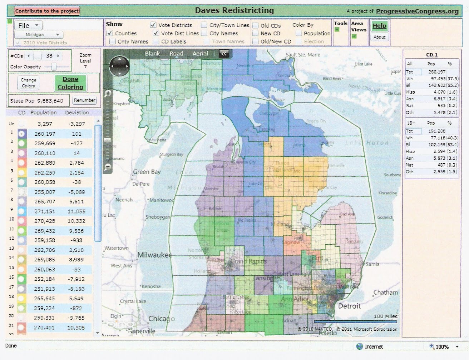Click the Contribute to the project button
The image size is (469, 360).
click(47, 11)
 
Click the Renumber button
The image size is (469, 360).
click(85, 100)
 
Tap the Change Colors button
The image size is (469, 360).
click(28, 83)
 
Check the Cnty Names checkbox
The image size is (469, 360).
click(113, 41)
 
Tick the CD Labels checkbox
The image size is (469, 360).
click(156, 41)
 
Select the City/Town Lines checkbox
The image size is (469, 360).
click(204, 25)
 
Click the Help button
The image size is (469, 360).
click(379, 26)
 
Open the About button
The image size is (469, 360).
click(379, 37)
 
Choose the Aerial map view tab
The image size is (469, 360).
click(200, 54)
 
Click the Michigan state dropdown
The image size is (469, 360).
click(39, 35)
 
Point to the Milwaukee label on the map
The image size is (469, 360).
click(154, 255)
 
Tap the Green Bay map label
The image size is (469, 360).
click(147, 172)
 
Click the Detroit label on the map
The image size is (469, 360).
click(349, 306)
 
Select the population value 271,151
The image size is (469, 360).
click(45, 211)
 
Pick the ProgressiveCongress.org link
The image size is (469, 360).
click(417, 11)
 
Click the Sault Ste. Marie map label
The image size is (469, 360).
click(303, 55)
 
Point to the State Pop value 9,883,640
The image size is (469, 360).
click(50, 101)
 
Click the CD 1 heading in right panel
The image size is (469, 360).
click(432, 55)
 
